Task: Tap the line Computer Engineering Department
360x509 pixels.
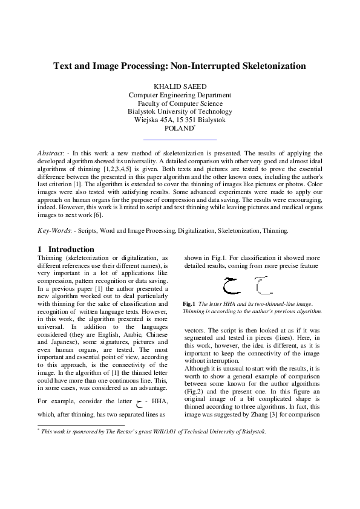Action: [x=180, y=95]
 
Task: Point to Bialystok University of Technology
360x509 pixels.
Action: [x=180, y=112]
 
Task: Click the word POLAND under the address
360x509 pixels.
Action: [x=178, y=129]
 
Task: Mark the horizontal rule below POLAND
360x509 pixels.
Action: [x=180, y=140]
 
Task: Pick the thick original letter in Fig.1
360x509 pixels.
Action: [x=230, y=283]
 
